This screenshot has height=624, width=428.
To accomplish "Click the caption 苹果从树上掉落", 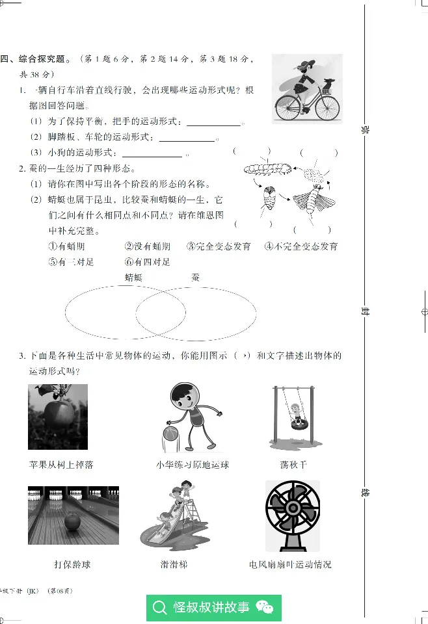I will (x=61, y=465).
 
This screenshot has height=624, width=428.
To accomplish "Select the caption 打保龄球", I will (x=72, y=564).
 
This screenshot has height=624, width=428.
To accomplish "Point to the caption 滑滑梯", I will (x=174, y=564).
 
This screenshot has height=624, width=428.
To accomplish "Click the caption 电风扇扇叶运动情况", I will (x=290, y=564).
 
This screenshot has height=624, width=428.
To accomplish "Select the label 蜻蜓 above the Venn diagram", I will (x=133, y=278).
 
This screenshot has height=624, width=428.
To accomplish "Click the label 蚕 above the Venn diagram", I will (x=195, y=278).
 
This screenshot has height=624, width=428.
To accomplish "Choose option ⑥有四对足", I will (x=147, y=262).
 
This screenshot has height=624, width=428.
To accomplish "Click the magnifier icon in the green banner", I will (x=160, y=608).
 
